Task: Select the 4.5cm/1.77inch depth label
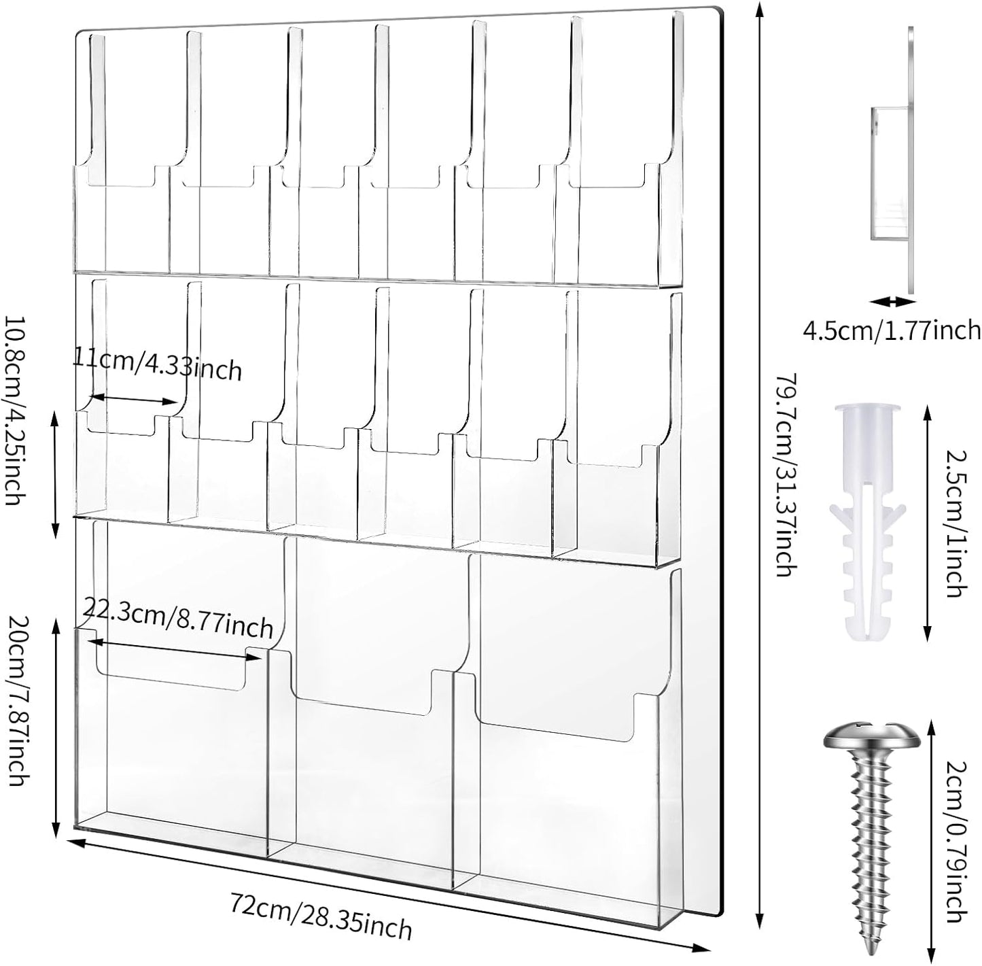(891, 331)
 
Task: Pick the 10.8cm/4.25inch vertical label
(14, 409)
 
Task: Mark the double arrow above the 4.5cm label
(892, 300)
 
